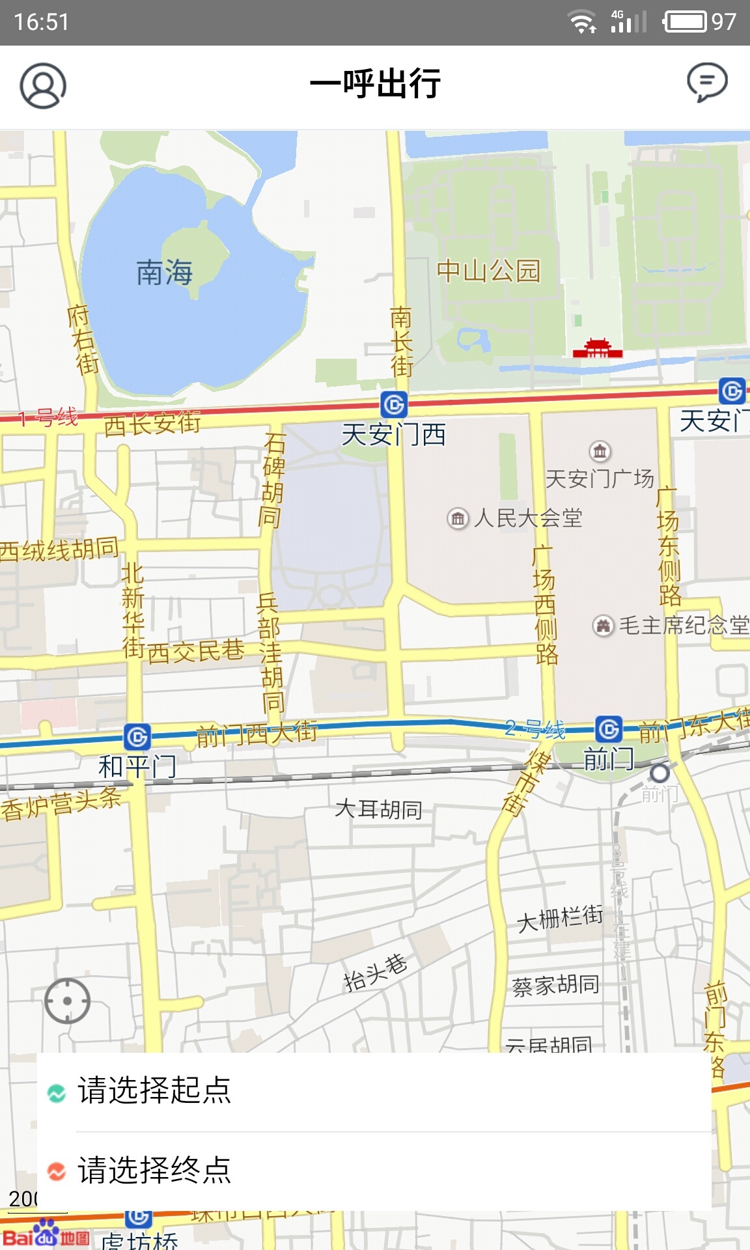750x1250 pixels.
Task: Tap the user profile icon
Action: [x=43, y=85]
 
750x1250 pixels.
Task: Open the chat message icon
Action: [x=707, y=83]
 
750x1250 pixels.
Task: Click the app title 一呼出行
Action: [x=375, y=84]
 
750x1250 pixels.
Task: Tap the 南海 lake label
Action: [x=164, y=273]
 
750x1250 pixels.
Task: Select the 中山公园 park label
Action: [x=488, y=270]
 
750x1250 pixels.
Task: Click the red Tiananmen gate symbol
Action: [x=597, y=348]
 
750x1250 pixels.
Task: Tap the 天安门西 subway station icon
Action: [x=394, y=404]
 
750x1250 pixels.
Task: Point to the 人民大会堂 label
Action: [x=527, y=518]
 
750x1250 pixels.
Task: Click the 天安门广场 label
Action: [x=599, y=479]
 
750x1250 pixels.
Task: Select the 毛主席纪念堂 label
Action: [x=682, y=625]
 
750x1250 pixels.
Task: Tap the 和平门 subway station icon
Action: [x=137, y=737]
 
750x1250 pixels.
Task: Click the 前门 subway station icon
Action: [x=609, y=729]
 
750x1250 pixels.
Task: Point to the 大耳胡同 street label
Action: [x=378, y=809]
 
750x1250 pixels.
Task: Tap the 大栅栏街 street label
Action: [x=560, y=919]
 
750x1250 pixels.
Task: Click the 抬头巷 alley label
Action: [x=375, y=973]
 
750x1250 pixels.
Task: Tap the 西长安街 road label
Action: [x=152, y=424]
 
